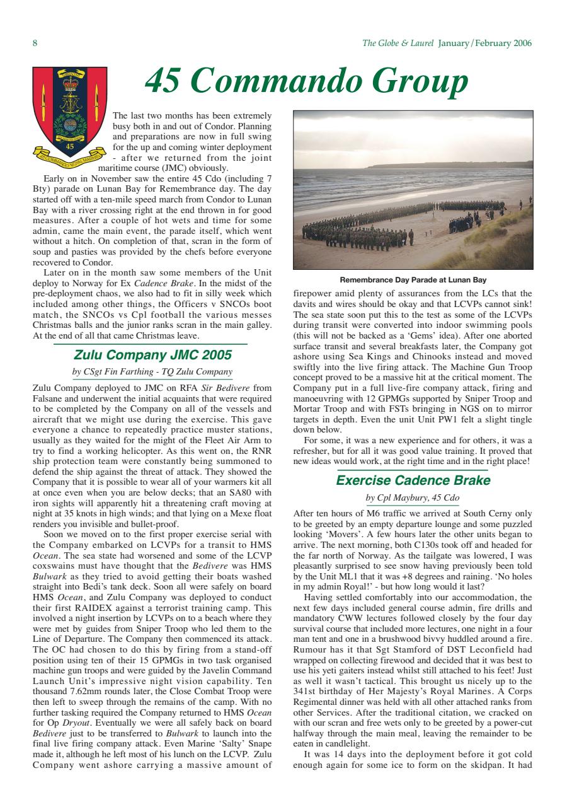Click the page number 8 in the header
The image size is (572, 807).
click(x=35, y=44)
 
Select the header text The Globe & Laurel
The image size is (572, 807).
click(x=398, y=44)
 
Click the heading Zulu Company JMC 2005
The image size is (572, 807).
click(x=153, y=354)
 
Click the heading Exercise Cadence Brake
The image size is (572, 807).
click(x=413, y=480)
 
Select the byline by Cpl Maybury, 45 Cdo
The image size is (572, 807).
click(x=413, y=498)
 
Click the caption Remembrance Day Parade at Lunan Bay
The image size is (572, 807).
click(x=413, y=279)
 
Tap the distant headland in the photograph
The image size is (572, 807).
click(x=441, y=166)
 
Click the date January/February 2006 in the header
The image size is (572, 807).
click(x=484, y=44)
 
